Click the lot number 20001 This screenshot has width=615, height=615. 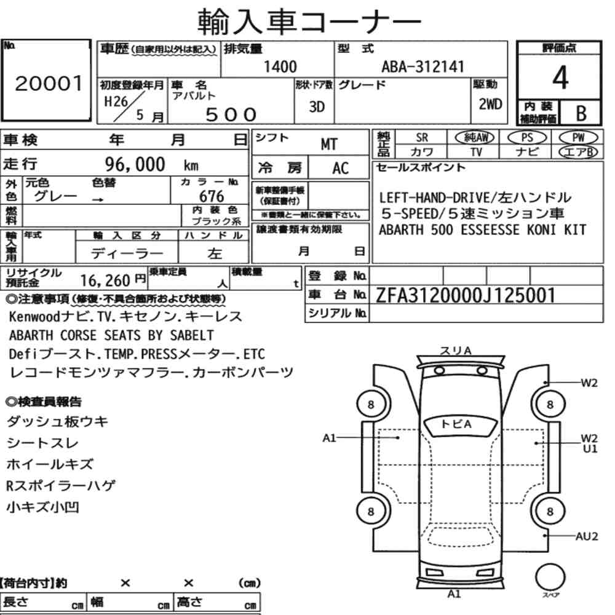click(x=49, y=83)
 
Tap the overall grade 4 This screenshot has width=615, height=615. click(x=560, y=77)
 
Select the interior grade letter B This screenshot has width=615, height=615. click(x=581, y=113)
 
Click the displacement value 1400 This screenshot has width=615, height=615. click(x=280, y=66)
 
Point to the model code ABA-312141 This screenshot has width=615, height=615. click(x=423, y=66)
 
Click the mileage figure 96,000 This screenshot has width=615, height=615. click(x=135, y=164)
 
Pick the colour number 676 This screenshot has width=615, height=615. click(x=212, y=196)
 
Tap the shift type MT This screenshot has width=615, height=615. click(x=328, y=145)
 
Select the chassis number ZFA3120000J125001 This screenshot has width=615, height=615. click(x=465, y=295)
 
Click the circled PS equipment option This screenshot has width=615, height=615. click(x=527, y=138)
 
